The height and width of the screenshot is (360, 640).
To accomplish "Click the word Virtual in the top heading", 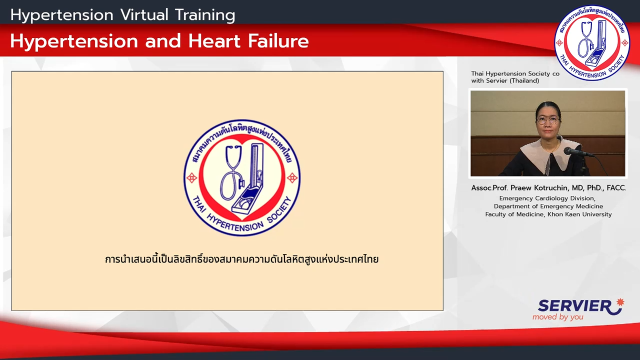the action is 144,15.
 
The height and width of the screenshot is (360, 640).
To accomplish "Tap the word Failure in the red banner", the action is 278,41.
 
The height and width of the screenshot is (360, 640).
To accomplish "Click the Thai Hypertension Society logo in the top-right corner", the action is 592,42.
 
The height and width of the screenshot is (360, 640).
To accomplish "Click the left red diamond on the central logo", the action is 191,178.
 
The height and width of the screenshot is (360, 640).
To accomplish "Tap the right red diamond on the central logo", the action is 292,177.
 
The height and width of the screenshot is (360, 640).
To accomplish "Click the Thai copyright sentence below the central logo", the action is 241,259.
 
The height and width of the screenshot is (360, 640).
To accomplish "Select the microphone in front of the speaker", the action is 578,152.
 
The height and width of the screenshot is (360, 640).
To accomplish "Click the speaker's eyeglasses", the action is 547,120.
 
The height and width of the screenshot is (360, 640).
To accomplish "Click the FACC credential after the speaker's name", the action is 616,188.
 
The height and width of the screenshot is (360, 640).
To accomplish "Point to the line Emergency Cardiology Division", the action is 547,198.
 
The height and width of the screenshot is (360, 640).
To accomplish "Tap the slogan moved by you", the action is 557,317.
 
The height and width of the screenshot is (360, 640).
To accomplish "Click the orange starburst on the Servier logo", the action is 620,302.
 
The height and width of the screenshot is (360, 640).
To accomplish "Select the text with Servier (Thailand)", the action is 505,81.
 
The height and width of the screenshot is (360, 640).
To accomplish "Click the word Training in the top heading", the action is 205,15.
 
